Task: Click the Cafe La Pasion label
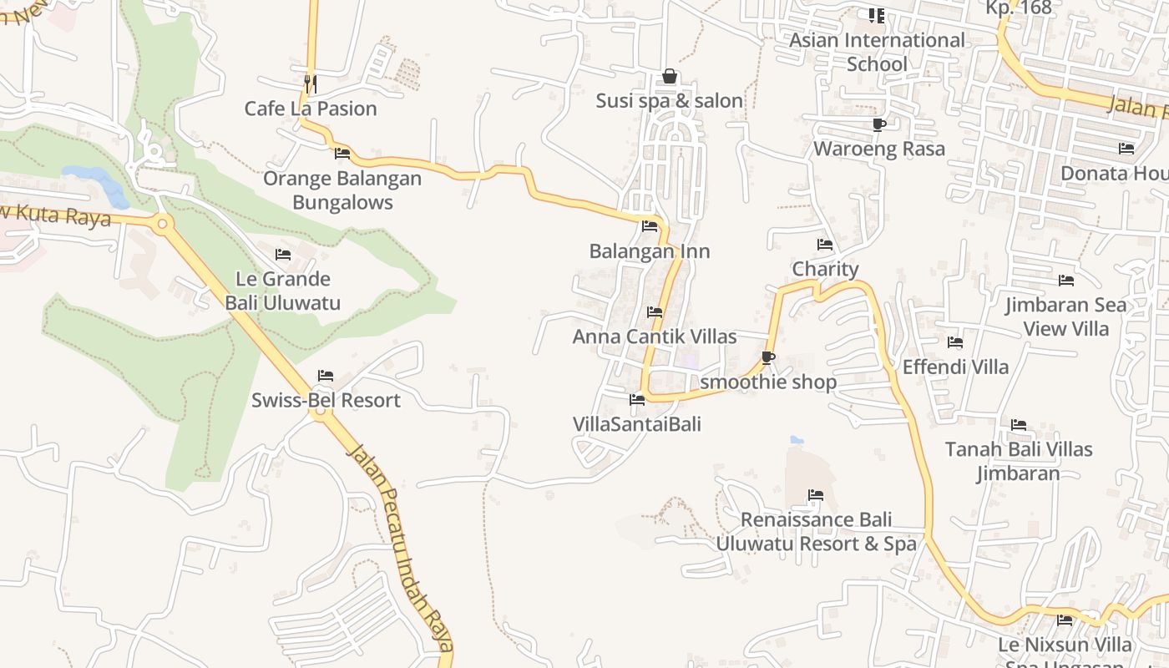coord(311,109)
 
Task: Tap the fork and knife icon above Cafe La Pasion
coord(310,83)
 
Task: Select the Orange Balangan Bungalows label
coord(342,190)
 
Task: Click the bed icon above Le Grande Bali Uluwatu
coord(283,255)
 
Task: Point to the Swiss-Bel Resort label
coord(326,401)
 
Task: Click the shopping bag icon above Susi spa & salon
coord(670,77)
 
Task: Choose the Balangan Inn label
coord(650,251)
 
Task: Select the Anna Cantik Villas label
coord(655,337)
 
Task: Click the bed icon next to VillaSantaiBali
coord(637,400)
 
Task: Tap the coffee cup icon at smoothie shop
coord(768,358)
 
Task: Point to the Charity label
coord(825,269)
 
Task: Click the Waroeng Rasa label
coord(879,149)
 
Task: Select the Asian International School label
coord(877,52)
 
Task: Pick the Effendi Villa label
coord(955,367)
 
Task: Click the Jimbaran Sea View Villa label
coord(1065,316)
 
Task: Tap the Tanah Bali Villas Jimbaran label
coord(1019,461)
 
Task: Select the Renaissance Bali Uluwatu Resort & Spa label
coord(816,532)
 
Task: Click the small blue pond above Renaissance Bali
coord(797,439)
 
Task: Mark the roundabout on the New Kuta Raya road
coord(162,223)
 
